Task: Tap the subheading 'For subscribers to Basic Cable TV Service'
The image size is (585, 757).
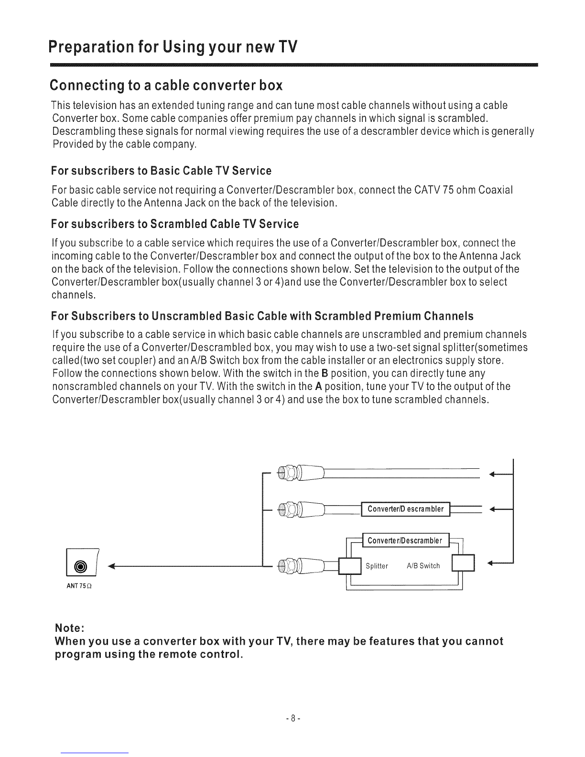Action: coord(161,171)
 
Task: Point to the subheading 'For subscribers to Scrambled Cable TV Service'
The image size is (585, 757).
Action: coord(174,224)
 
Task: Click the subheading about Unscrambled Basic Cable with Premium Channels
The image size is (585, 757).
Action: coord(262,316)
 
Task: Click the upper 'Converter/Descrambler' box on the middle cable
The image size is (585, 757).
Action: coord(406,509)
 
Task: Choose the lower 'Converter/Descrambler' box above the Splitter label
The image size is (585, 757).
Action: coord(406,541)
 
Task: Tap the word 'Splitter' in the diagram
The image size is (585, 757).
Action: coord(376,566)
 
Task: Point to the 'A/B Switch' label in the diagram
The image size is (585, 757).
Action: coord(423,566)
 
